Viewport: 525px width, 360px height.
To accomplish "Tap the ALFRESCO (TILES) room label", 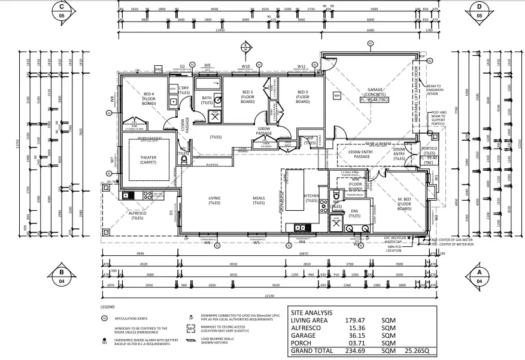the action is [x=141, y=215].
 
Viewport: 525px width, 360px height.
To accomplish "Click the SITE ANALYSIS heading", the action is [x=311, y=313].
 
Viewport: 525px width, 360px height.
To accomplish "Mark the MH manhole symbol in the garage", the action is [x=337, y=96].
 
